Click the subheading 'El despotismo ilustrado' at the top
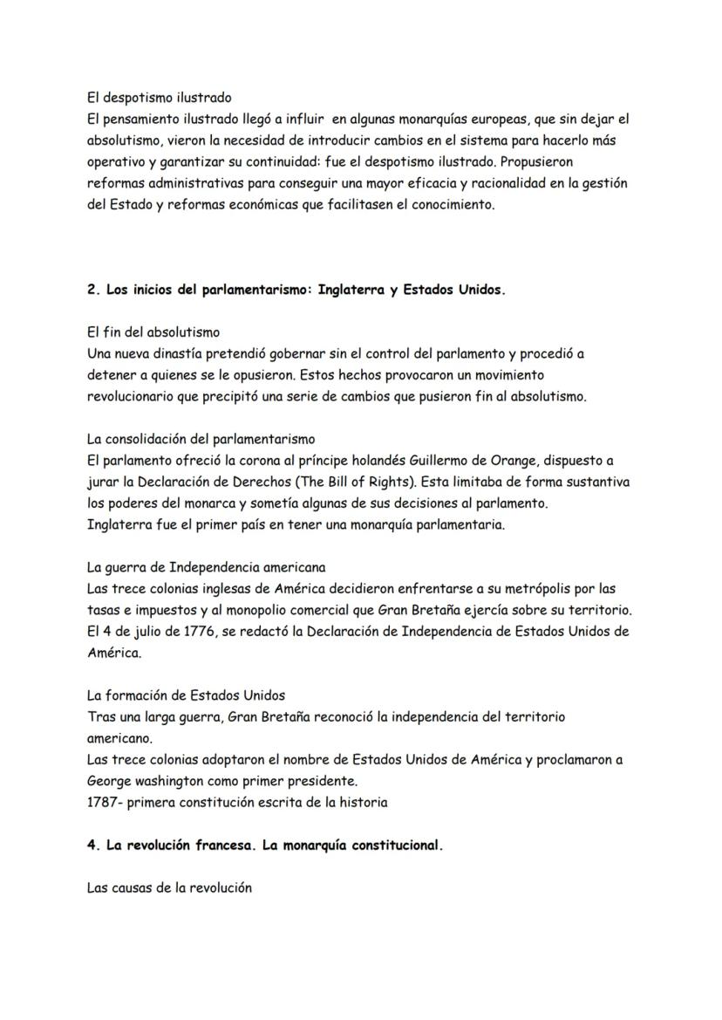159,98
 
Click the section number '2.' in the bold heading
94,291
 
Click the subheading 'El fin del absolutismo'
153,332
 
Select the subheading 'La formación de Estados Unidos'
187,695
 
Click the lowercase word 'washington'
172,780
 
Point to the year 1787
104,802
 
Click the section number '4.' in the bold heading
94,845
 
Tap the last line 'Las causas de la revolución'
169,888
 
